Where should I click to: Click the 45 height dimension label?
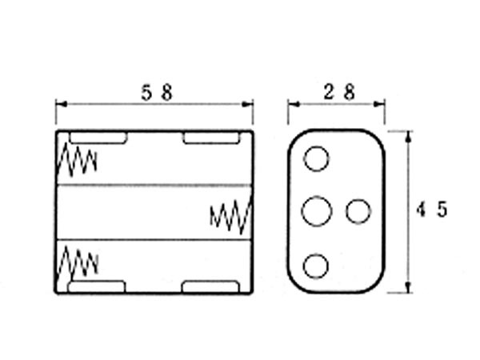432,210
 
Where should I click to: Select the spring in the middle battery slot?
230,214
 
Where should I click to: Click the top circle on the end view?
317,159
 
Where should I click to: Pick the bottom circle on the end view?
317,266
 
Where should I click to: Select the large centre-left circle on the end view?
318,212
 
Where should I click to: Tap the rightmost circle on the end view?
358,212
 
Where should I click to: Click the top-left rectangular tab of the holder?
98,138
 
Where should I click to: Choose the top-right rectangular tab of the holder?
210,138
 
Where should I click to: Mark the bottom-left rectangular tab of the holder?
97,286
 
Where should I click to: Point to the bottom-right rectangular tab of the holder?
210,286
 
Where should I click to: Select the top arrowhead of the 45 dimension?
409,135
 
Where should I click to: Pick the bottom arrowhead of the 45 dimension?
409,289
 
